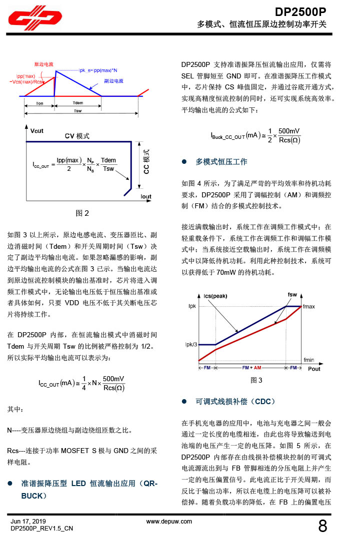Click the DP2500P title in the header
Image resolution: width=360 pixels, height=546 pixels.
300,11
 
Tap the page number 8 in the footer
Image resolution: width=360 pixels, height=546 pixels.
322,526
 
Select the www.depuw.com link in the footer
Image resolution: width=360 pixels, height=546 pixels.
169,522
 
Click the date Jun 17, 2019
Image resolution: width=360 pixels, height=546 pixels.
28,522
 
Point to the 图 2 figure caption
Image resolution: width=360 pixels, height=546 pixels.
82,213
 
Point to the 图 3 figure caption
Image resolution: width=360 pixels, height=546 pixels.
256,380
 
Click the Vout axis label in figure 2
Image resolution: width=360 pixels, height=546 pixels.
37,131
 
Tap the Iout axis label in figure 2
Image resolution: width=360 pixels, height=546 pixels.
145,197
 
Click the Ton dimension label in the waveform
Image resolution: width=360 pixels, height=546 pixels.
39,103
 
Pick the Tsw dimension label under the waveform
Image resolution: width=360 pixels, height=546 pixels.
78,111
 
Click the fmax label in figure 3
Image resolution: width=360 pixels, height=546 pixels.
309,306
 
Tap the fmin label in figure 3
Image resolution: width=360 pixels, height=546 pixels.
308,360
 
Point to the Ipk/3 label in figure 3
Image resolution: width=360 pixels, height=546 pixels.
191,344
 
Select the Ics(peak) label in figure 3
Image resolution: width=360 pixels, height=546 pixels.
215,296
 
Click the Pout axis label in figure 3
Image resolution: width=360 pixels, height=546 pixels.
314,369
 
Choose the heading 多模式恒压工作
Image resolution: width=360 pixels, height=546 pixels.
221,162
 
